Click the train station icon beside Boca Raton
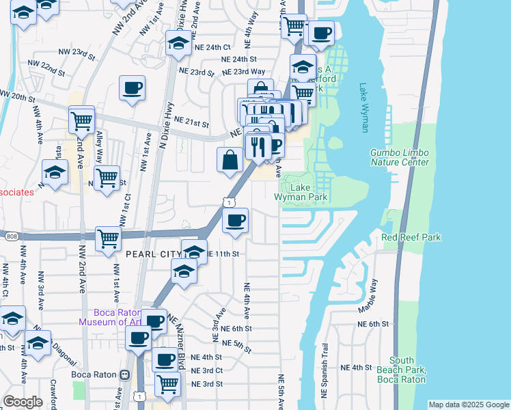pos(124,374)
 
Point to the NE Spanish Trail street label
pos(324,368)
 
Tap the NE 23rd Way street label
pos(243,71)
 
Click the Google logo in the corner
pos(23,402)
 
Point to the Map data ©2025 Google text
pos(469,405)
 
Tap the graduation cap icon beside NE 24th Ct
pos(178,43)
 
